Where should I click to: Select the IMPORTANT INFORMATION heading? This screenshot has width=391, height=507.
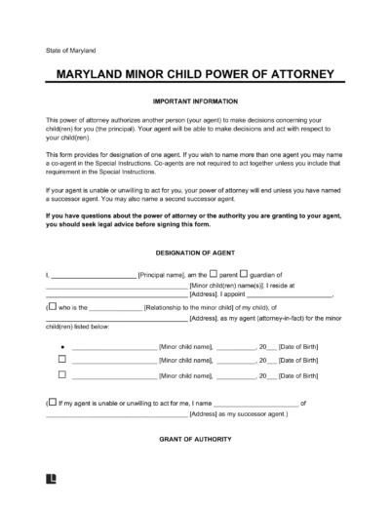coord(195,99)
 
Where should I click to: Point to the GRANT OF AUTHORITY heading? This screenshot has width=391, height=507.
coord(195,439)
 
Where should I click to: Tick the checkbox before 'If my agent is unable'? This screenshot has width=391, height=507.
coord(51,402)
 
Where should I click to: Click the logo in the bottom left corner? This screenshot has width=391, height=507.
coord(50,481)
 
